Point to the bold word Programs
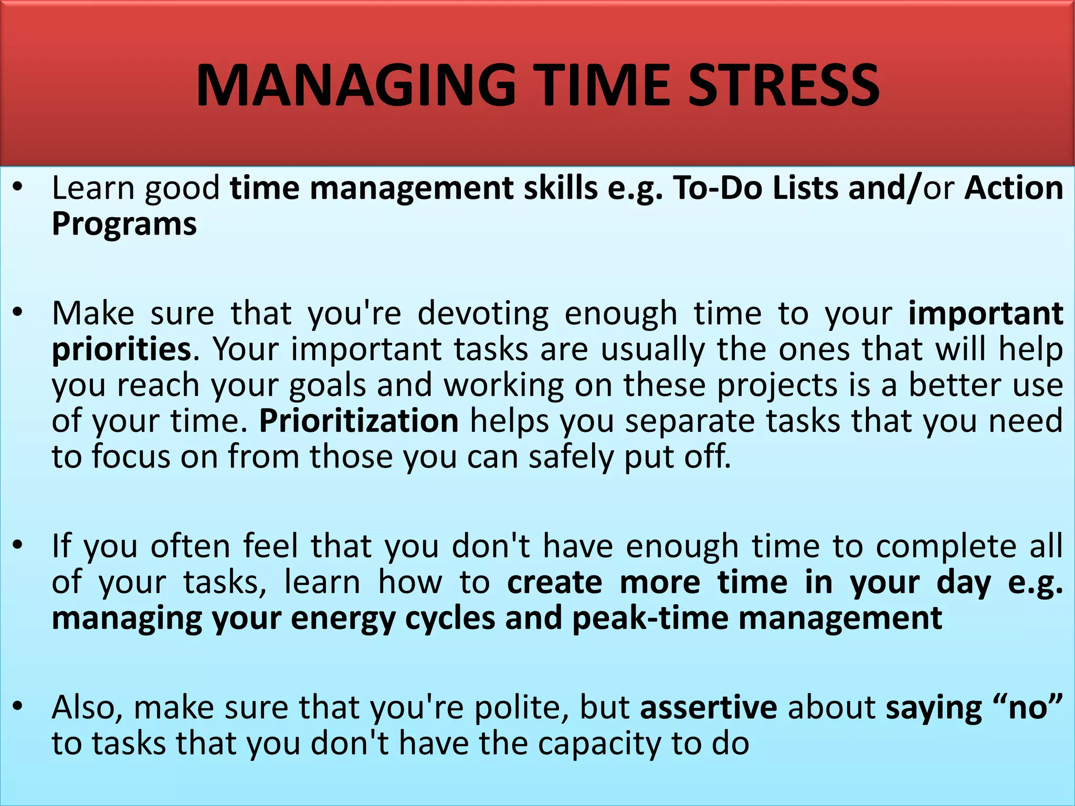click(x=124, y=224)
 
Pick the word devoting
click(x=483, y=313)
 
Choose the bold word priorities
click(x=121, y=349)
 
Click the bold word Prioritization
click(x=359, y=421)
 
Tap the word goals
click(x=327, y=385)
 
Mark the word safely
click(x=571, y=457)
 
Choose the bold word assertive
click(x=708, y=707)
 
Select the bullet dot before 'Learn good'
click(x=18, y=187)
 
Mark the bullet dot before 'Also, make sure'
click(x=18, y=707)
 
